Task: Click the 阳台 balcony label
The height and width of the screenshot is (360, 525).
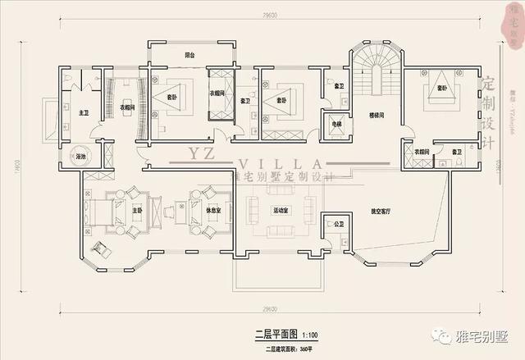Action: click(189, 55)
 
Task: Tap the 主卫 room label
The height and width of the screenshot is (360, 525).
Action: click(84, 112)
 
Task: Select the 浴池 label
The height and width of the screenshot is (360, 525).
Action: click(82, 155)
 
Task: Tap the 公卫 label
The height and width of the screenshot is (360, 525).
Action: click(338, 224)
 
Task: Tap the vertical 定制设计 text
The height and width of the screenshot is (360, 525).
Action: click(489, 115)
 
